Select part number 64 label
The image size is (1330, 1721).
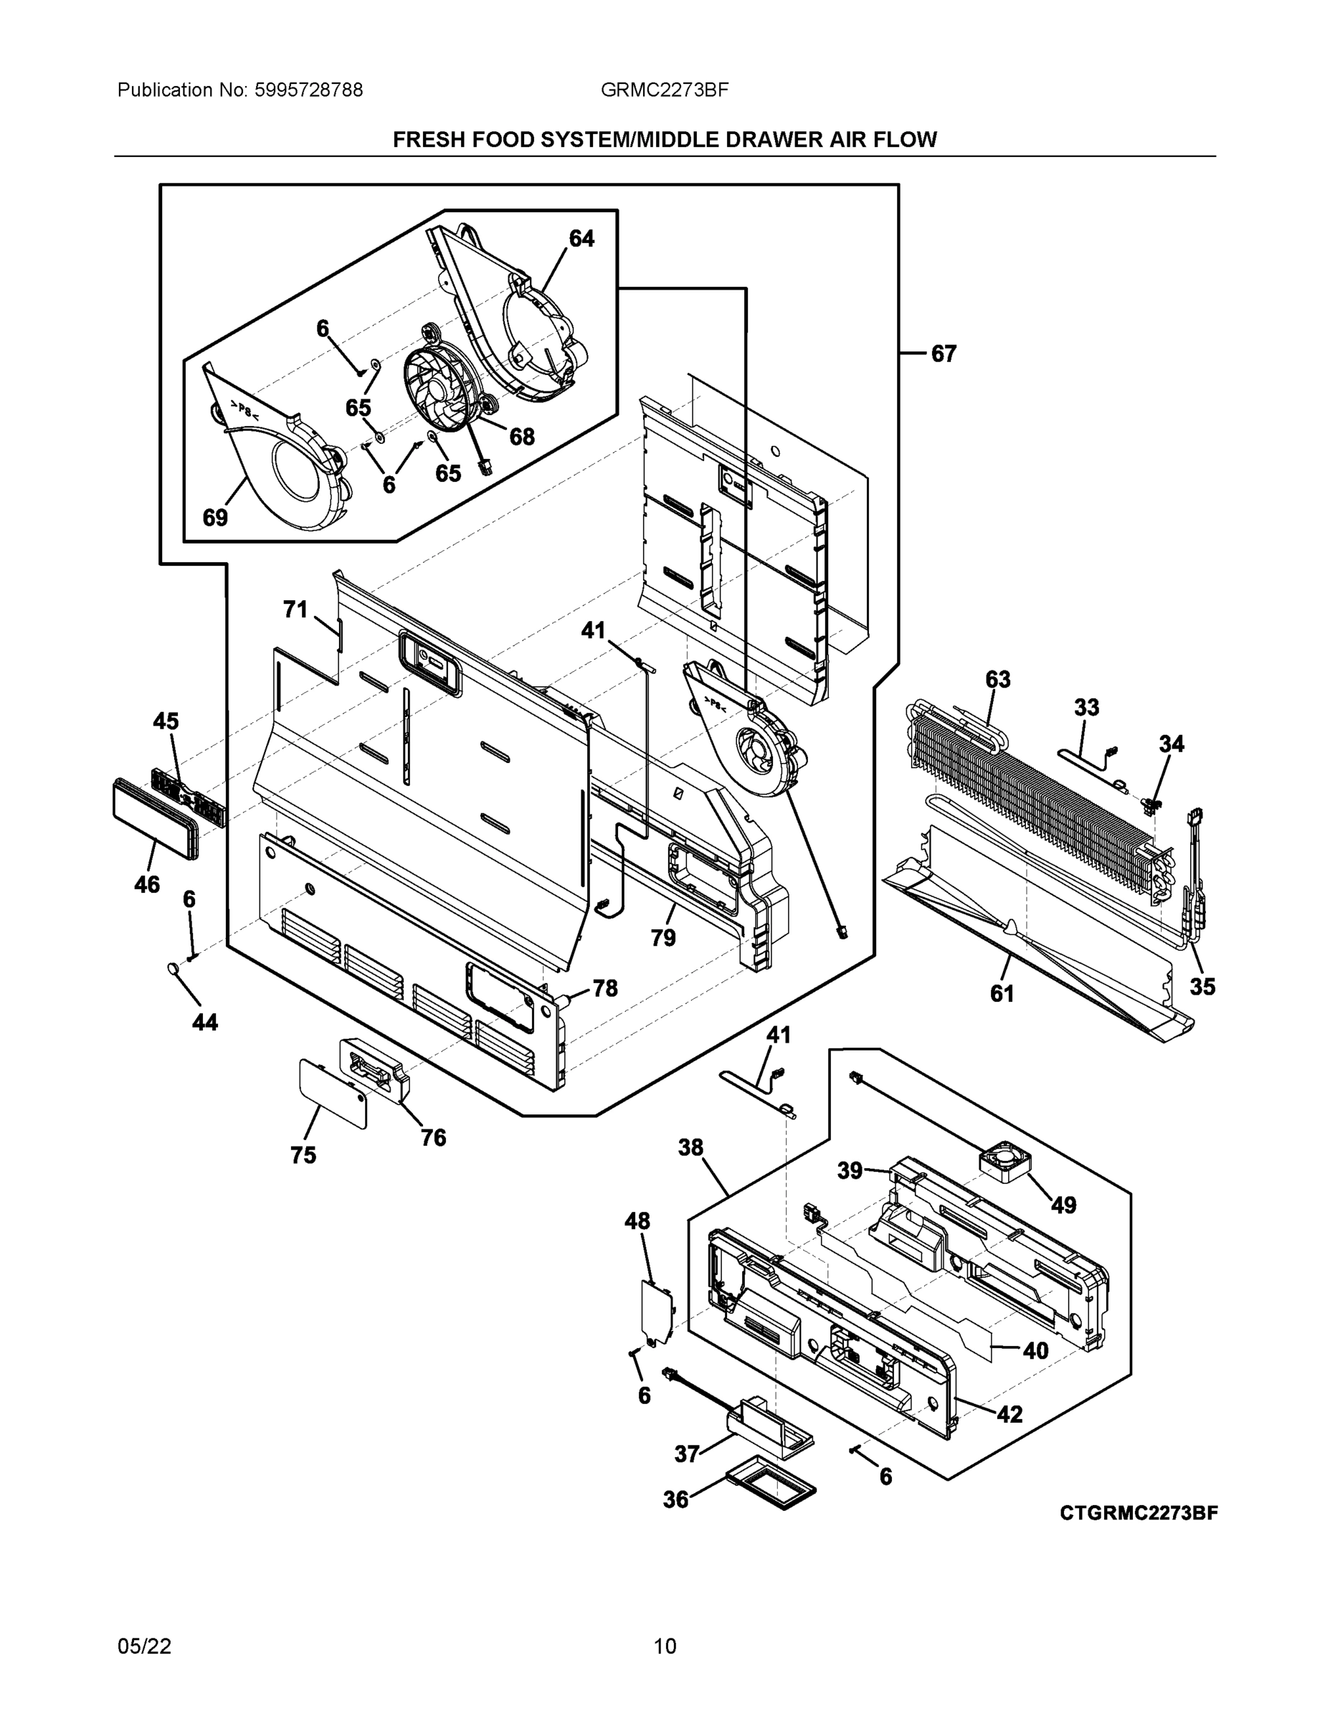(581, 239)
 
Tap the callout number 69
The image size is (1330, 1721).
(215, 518)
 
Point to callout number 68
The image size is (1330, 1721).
(521, 437)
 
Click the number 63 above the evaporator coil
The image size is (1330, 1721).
(997, 679)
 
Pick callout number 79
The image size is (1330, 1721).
(662, 938)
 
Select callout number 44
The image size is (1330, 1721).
(205, 1023)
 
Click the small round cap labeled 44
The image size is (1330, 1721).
(173, 969)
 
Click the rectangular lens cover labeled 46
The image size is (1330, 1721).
(153, 820)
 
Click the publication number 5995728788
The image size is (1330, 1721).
(308, 90)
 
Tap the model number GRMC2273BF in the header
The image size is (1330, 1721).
(664, 90)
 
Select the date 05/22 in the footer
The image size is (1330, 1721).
(144, 1646)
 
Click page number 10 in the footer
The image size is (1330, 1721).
(665, 1646)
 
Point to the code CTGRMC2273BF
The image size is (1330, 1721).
(1139, 1513)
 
